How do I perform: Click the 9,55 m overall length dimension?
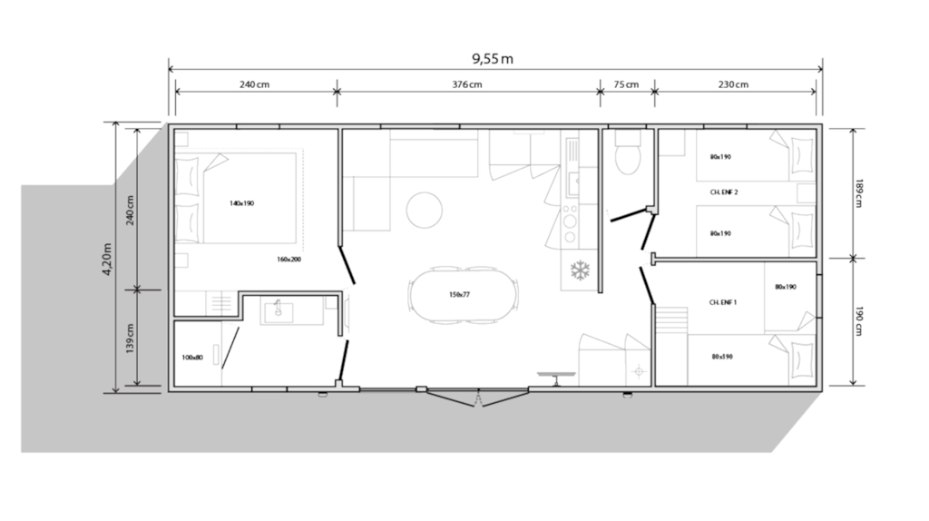[x=493, y=59]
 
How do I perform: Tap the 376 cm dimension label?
[x=467, y=84]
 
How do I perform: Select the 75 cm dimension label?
[x=626, y=84]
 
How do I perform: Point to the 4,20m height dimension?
[x=107, y=260]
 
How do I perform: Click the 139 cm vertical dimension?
[x=131, y=339]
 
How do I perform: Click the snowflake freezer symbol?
[x=580, y=270]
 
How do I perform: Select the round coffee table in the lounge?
[x=425, y=210]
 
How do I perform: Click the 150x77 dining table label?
[x=459, y=295]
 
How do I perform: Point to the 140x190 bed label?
[x=241, y=203]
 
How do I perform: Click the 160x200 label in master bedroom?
[x=288, y=259]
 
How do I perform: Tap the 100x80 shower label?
[x=192, y=358]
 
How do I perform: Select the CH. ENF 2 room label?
[x=724, y=192]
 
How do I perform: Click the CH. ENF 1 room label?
[x=723, y=302]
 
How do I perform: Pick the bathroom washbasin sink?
[x=278, y=311]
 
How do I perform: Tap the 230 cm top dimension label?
[x=733, y=84]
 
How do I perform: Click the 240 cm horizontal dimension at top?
[x=254, y=84]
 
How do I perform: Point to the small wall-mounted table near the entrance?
[x=556, y=378]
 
